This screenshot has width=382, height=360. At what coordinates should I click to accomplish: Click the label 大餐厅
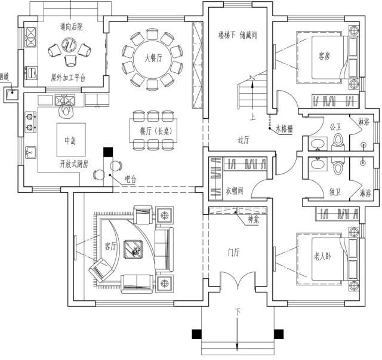(153, 59)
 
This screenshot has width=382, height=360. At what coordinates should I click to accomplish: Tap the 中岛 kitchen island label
(70, 141)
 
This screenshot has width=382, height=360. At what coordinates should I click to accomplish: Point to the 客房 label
(324, 57)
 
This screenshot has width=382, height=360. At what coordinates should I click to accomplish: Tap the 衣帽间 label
(234, 192)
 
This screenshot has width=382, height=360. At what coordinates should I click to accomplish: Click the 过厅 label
(243, 140)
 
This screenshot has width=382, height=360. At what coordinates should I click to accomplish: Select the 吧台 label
(130, 179)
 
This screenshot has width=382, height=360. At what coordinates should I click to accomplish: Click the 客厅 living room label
(110, 245)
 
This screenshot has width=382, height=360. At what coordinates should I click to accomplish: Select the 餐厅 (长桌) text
(155, 130)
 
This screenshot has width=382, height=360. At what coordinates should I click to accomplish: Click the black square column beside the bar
(108, 153)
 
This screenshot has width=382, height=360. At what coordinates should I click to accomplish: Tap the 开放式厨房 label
(73, 164)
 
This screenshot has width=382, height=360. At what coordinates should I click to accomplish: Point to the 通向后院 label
(72, 27)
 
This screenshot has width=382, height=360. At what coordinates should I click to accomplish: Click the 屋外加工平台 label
(68, 78)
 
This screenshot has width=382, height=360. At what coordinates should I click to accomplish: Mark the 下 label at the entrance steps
(237, 312)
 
